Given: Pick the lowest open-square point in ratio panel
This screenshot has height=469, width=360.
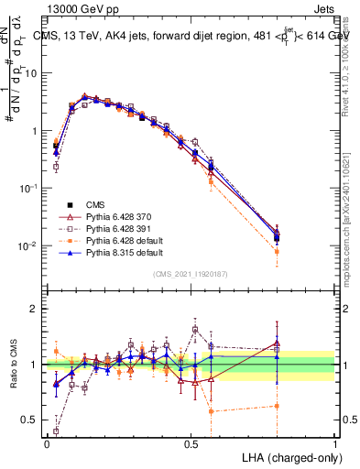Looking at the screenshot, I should tap(56, 430).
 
